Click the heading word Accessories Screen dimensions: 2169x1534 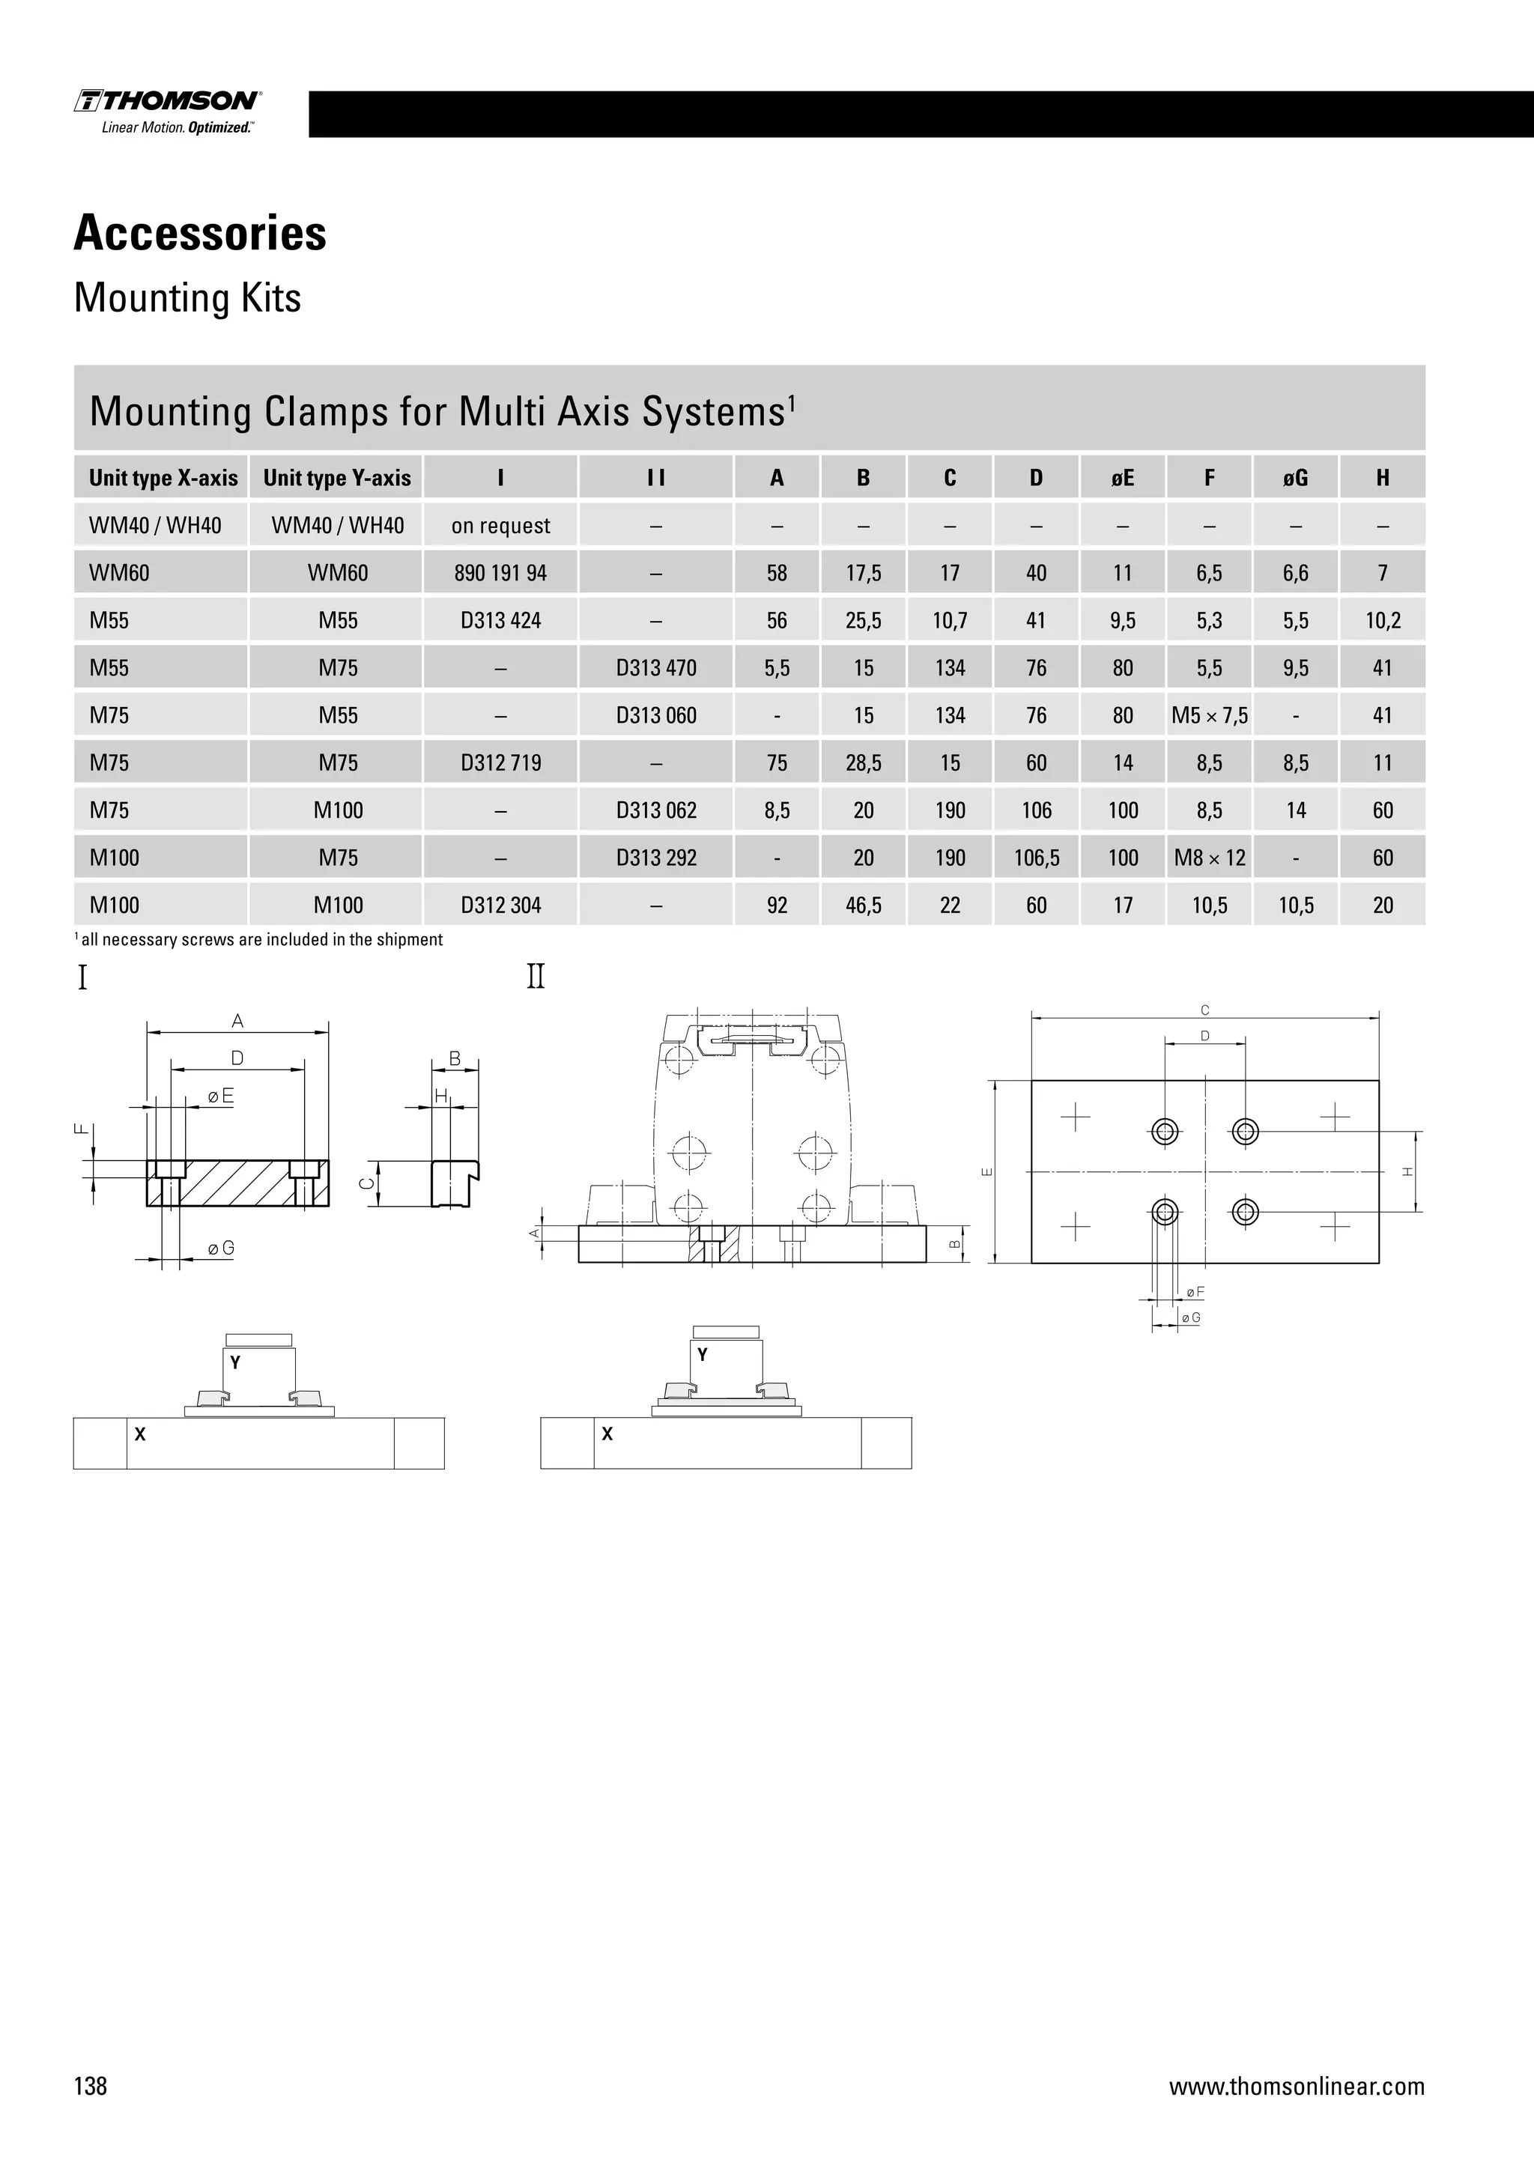pos(200,234)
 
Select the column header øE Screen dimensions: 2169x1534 pos(1122,478)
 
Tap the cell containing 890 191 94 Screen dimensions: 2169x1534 pos(500,574)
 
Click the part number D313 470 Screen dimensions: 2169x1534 pos(655,668)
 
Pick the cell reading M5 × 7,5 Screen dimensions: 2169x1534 pos(1209,715)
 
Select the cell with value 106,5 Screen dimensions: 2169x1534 pos(1036,858)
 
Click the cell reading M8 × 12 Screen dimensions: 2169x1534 pos(1209,858)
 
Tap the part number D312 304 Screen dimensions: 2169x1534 pos(500,905)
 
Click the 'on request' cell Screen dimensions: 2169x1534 pos(500,527)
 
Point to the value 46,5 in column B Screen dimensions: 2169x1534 pos(864,905)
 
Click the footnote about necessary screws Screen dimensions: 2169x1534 pos(259,940)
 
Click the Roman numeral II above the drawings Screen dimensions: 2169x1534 pos(536,976)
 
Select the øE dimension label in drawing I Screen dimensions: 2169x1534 pos(220,1096)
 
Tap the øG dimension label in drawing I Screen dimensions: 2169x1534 pos(220,1249)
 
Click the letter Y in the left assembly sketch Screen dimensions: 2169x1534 pos(235,1362)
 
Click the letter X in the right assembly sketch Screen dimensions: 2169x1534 pos(607,1434)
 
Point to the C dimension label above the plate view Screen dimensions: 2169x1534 pos(1205,1010)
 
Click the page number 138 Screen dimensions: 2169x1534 pos(91,2086)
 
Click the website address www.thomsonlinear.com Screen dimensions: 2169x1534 pos(1296,2086)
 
